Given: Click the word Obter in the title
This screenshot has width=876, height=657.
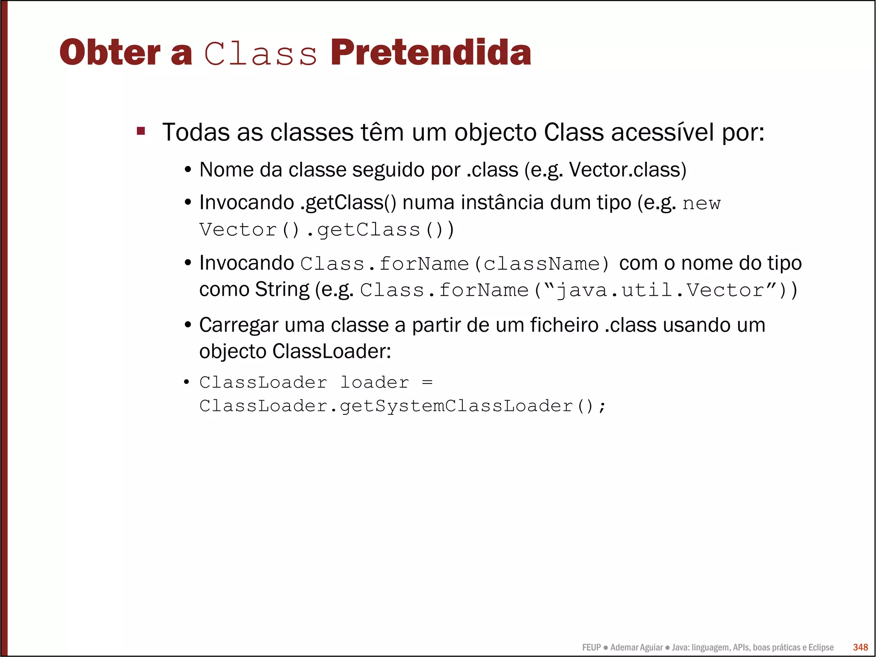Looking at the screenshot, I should pos(109,53).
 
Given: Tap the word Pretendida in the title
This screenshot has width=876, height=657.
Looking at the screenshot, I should pos(430,53).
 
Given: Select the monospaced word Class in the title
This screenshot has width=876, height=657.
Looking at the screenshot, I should pos(260,54).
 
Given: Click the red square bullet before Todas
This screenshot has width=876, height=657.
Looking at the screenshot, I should pos(141,131).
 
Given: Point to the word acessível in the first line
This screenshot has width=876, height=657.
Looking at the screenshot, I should pos(663,132).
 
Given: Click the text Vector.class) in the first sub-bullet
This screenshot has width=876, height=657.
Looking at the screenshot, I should pos(627,170).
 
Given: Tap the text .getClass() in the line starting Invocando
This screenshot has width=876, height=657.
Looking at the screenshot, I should pos(348,203).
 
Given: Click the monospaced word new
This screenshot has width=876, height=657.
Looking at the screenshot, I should pos(701,204).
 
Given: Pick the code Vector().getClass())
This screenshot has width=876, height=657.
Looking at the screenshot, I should pos(326,230).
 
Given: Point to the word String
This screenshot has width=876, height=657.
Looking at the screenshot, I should pos(282,290).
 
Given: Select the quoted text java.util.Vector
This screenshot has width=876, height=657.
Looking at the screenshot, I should pos(660,291).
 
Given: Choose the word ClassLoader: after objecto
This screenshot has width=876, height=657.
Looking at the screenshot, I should pos(331,352).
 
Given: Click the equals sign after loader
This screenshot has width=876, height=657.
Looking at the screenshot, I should pos(427,382).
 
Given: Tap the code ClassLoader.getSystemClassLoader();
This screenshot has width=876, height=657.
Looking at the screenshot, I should pos(402,406).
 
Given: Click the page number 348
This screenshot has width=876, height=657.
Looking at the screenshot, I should pos(860,647).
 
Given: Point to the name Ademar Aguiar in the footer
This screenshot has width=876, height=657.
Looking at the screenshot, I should pos(636,648).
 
